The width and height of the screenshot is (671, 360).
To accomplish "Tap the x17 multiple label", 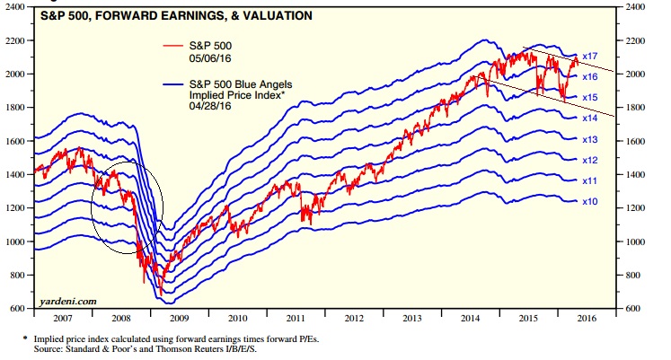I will click(589, 57).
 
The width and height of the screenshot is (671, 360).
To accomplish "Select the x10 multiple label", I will click(589, 202).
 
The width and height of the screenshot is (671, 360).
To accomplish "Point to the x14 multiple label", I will click(589, 118).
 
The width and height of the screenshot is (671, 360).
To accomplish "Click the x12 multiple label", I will click(589, 160).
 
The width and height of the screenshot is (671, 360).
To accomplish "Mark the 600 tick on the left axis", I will click(20, 309).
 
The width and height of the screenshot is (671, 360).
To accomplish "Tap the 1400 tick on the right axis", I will click(634, 175).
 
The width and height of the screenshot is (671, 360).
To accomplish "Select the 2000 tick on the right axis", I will click(634, 75).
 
